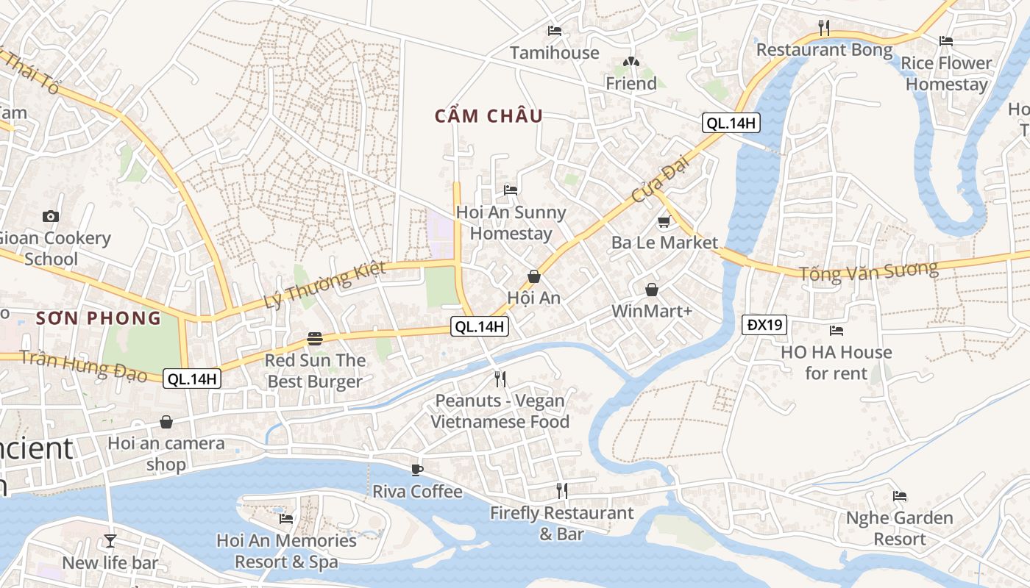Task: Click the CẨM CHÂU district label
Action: pos(489,116)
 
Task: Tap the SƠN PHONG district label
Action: pos(98,318)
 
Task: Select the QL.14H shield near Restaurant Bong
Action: pos(731,123)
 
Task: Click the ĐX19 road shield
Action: pos(764,324)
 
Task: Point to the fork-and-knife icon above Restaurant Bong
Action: pos(824,29)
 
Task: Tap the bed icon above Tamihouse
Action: pos(555,31)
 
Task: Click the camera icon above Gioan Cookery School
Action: pos(51,216)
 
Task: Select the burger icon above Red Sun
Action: pos(315,339)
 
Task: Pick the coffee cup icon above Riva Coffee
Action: pos(417,470)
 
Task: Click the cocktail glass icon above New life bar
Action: pos(110,541)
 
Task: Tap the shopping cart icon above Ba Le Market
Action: pos(664,221)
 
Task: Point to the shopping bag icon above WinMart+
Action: pos(651,290)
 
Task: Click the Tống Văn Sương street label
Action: pos(869,271)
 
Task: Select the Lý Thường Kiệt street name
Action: pos(324,285)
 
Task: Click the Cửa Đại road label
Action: pos(654,184)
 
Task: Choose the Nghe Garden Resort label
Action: pos(899,528)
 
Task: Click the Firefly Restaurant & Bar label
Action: pos(561,523)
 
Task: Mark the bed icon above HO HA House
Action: pos(836,331)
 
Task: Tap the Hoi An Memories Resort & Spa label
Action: pos(286,551)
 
